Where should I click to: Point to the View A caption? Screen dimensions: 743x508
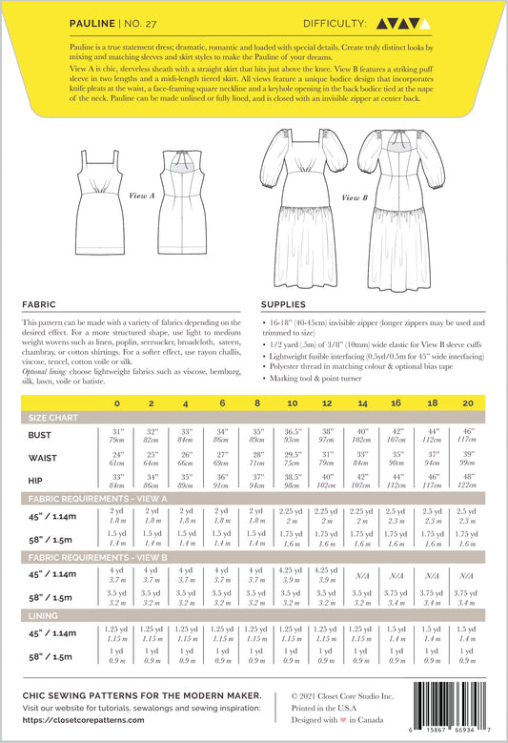click(143, 195)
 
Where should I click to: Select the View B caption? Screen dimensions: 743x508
click(353, 197)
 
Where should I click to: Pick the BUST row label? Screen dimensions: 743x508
click(43, 434)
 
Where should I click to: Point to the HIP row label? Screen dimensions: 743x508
click(39, 480)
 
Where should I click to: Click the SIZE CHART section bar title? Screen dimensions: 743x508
click(55, 418)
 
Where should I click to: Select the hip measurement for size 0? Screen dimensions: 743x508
click(117, 480)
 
